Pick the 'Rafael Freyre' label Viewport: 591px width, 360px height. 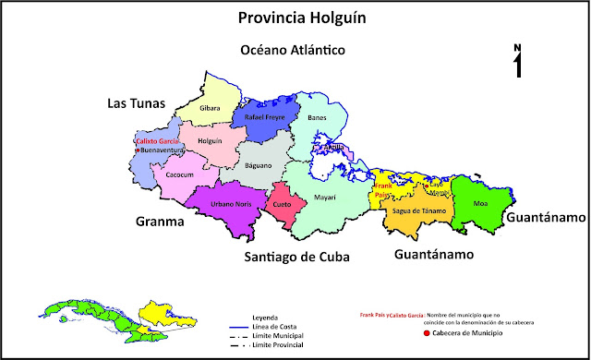coord(265,118)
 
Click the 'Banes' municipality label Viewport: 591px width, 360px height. coord(317,119)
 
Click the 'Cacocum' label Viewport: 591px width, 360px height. coord(178,174)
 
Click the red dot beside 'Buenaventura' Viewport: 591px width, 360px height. coord(137,150)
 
